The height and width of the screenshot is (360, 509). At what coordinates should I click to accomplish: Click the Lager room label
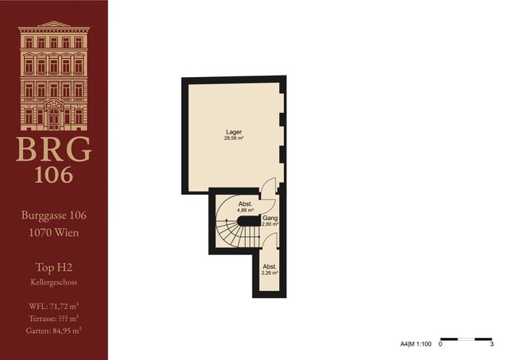[234, 132]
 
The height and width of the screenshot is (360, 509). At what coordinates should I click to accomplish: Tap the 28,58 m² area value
[234, 137]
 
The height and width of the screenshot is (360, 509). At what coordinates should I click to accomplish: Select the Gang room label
[270, 219]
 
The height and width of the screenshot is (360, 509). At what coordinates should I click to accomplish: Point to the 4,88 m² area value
[246, 210]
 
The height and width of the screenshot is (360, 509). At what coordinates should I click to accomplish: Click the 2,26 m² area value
[270, 273]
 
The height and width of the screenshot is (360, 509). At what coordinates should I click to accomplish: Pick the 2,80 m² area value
[270, 224]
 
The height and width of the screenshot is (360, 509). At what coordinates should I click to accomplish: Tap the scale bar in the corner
[466, 339]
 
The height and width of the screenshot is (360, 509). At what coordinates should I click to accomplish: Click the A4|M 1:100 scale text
[415, 344]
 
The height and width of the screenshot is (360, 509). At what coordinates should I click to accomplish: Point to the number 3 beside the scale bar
[492, 344]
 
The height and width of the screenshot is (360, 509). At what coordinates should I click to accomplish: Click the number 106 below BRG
[54, 175]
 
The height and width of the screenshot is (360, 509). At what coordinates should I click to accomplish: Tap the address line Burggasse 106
[54, 215]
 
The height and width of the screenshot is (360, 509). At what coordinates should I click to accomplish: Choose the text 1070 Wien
[54, 233]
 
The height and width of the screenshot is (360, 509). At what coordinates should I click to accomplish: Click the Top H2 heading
[54, 268]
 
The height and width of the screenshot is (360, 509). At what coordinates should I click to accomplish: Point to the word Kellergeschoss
[54, 282]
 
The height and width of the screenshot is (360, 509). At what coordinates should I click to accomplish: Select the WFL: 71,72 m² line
[54, 306]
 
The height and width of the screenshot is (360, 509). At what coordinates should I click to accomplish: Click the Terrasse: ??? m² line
[54, 319]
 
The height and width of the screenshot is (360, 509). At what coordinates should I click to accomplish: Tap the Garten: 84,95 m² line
[54, 331]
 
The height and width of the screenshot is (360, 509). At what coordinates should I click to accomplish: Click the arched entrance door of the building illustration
[54, 118]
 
